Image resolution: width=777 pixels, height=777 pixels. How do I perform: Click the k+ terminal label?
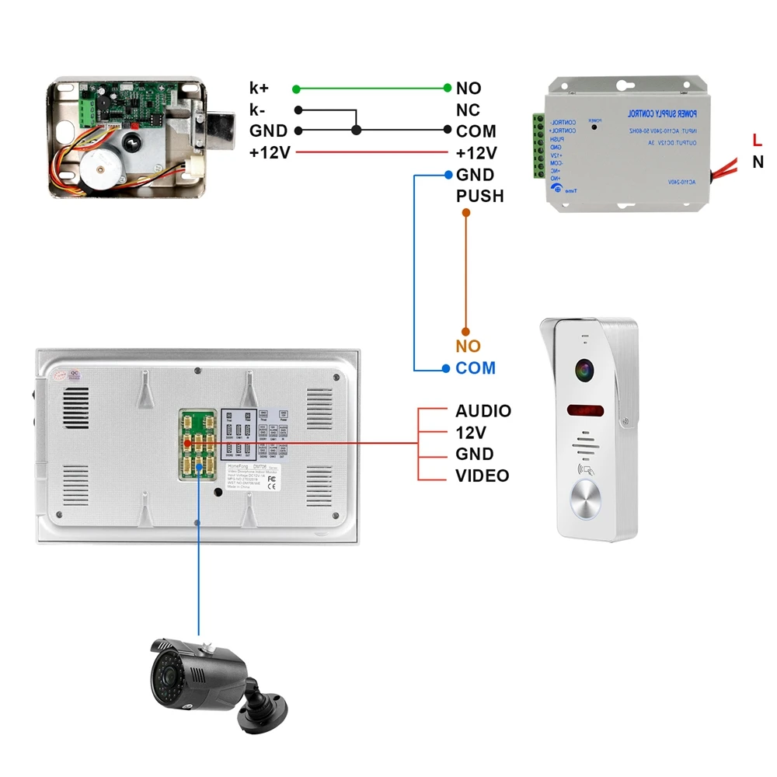pos(259,88)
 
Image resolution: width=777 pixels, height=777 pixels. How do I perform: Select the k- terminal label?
pos(258,110)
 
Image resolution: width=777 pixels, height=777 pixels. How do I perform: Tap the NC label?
pos(468,110)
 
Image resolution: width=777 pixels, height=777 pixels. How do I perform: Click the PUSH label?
pos(479,197)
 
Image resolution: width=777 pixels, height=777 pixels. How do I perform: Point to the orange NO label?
pos(468,347)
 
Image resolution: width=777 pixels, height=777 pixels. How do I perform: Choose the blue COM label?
pos(476,368)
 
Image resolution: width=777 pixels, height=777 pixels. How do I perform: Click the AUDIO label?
pos(483,411)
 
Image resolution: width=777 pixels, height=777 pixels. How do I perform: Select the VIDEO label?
pos(482,476)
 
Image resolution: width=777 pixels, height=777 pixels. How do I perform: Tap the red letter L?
pos(757,140)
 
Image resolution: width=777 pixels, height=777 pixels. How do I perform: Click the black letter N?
pos(758,162)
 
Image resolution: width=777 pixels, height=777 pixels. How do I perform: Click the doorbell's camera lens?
pos(585,370)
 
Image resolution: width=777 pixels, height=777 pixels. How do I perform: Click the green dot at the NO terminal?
pos(448,88)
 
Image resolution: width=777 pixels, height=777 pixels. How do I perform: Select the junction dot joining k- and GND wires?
pos(356,131)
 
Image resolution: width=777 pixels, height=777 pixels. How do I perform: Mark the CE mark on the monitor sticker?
pos(271,489)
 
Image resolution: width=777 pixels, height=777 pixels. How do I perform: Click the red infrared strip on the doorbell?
pos(587,410)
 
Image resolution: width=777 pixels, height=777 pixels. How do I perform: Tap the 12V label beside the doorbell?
pos(471,433)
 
